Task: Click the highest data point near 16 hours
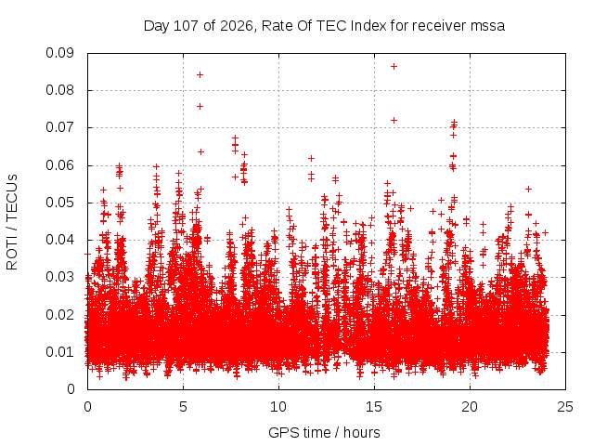coord(394,66)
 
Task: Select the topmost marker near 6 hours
coord(200,74)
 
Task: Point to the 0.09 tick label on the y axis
coord(59,53)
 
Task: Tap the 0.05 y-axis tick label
coord(59,203)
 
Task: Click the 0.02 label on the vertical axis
coord(59,315)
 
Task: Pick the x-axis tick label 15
coord(374,407)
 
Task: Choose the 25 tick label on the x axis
coord(565,407)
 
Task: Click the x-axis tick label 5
coord(184,407)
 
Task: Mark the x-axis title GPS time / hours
coord(324,432)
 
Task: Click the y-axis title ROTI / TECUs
coord(12,222)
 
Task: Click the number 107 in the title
coord(186,26)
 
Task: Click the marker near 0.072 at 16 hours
coord(394,120)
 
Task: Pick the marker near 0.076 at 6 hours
coord(200,106)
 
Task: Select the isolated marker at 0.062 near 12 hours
coord(312,158)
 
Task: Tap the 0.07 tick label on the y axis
coord(59,128)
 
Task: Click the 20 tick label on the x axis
coord(470,407)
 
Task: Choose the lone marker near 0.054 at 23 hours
coord(528,189)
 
